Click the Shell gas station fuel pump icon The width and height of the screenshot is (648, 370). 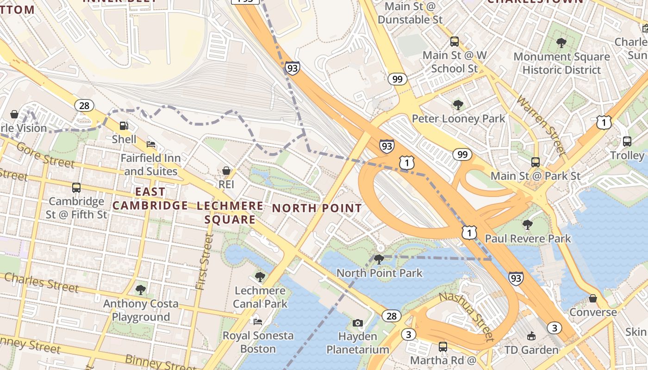point(124,125)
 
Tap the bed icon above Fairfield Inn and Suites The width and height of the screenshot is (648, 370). point(151,144)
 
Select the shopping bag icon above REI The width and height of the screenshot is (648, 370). point(226,171)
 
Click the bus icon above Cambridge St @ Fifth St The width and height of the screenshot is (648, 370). point(76,188)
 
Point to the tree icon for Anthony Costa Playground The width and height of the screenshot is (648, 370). point(141,290)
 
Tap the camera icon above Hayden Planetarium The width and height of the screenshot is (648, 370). point(357,323)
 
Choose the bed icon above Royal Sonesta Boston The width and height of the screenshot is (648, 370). point(258,321)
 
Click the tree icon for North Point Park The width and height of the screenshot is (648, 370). point(379,259)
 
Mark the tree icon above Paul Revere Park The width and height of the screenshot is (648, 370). point(527,225)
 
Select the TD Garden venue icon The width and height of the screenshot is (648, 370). point(531,336)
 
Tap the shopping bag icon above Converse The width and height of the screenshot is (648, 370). point(593,299)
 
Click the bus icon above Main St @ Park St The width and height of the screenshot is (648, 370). point(536,162)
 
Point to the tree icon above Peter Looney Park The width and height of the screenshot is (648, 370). point(458,105)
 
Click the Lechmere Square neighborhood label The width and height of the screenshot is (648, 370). point(230,213)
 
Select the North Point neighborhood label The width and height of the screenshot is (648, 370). point(317,208)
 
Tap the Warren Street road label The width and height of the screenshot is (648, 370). point(542,125)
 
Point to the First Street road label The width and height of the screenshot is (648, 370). point(205,261)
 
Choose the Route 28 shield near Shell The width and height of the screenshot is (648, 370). point(84,105)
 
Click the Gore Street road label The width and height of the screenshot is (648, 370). point(45,155)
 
